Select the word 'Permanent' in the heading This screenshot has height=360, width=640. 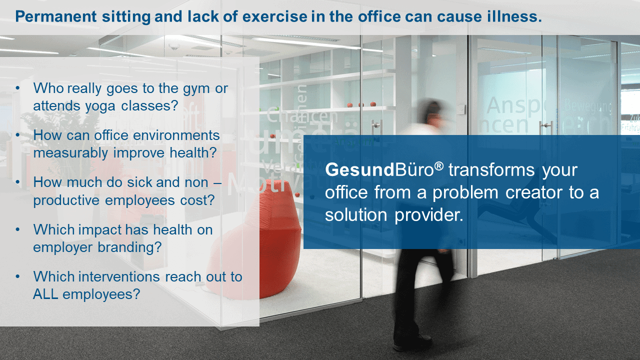[56, 16]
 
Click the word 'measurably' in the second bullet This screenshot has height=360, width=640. [70, 153]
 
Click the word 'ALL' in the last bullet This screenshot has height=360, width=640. [45, 294]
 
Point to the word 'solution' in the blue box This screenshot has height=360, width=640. [356, 215]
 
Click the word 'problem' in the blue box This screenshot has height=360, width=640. [465, 193]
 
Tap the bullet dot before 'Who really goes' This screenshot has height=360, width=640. [17, 88]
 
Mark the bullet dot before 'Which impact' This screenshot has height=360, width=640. [17, 229]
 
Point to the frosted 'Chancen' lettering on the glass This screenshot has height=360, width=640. [301, 116]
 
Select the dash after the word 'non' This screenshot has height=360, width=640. [217, 183]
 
